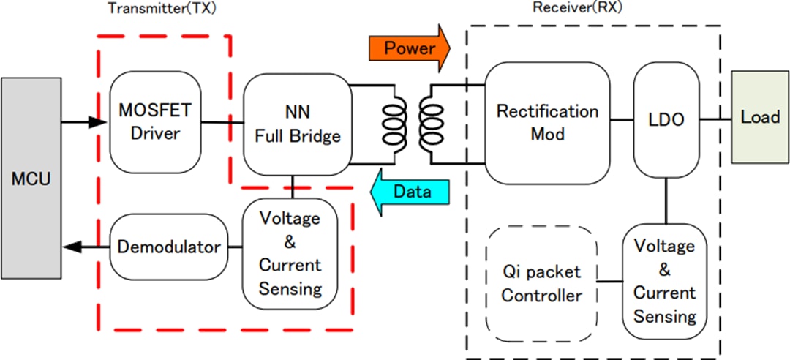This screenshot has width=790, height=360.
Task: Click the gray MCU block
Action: (x=31, y=179)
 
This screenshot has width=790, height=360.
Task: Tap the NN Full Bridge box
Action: (x=296, y=123)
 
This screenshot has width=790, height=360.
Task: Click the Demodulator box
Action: (x=168, y=247)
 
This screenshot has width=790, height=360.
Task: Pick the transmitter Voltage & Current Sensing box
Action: (x=290, y=253)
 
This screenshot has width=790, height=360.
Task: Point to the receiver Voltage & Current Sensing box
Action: (x=665, y=281)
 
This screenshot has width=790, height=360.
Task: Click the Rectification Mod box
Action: (x=547, y=122)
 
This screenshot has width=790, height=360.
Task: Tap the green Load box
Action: (x=760, y=116)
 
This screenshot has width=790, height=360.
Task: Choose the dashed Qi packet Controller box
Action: (x=542, y=283)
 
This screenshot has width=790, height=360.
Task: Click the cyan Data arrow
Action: (x=407, y=192)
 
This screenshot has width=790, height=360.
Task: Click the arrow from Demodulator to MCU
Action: (x=86, y=247)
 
